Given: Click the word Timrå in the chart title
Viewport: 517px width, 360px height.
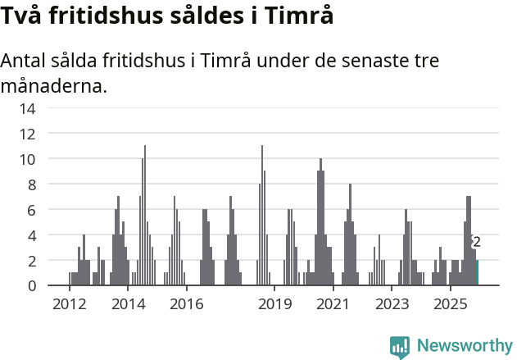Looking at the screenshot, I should [303, 16].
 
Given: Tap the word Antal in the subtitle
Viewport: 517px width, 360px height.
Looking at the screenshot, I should [26, 62].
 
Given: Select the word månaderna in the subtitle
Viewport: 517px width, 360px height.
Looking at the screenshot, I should [54, 85].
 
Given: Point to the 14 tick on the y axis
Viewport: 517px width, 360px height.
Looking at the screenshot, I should [28, 108].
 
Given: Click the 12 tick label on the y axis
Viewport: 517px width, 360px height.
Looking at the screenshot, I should [28, 134].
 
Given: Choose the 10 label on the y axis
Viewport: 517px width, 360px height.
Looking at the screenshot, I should [28, 159].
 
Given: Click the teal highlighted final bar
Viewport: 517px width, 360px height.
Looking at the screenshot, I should [478, 273].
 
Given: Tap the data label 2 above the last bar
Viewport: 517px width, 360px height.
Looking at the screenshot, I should [477, 242].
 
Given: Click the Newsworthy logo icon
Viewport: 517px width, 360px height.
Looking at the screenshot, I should [400, 346].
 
